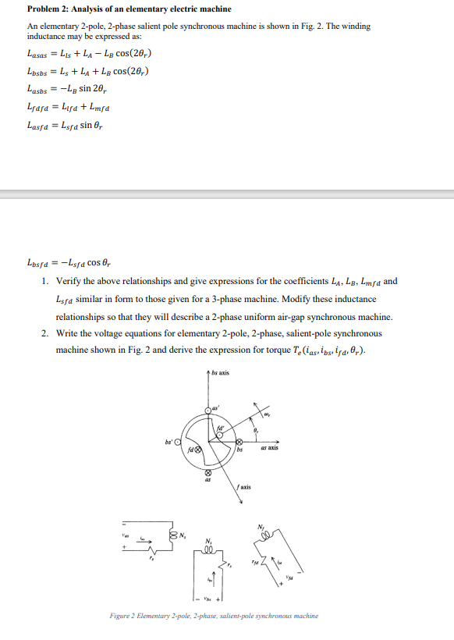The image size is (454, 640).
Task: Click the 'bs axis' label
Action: coord(221,373)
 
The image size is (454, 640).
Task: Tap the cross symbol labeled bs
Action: coord(239,443)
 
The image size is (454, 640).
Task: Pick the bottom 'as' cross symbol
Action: coord(208,473)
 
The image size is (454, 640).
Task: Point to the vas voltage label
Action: coord(122,535)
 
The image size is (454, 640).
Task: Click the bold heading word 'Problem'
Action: coord(44,9)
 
